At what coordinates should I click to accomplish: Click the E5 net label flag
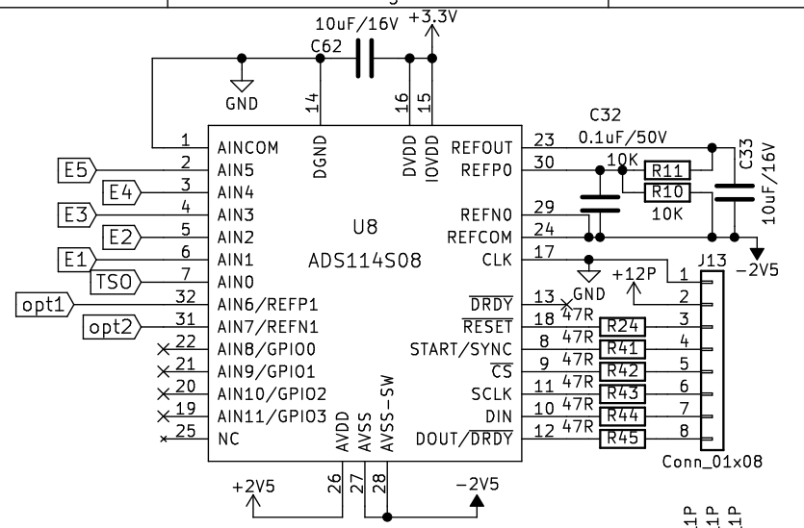(76, 170)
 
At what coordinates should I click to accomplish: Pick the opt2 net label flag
(110, 328)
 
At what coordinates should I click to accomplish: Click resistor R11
(665, 170)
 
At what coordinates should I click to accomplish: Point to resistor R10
(665, 192)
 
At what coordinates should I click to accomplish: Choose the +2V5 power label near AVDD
(253, 486)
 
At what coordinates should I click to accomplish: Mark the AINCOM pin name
(247, 149)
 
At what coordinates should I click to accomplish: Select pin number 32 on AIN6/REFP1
(188, 297)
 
